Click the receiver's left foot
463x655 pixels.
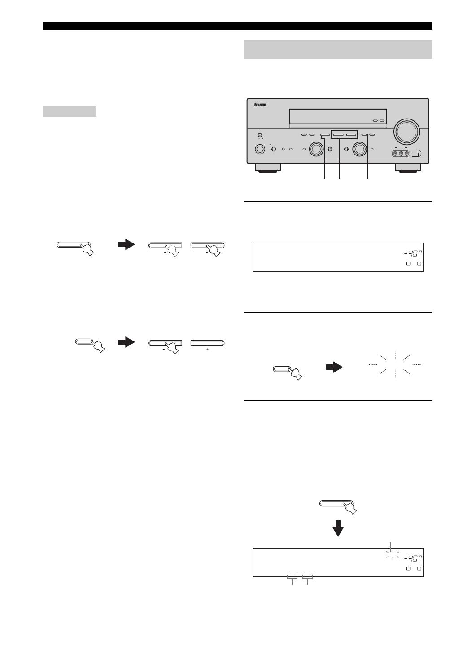coord(267,168)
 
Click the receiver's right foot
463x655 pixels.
coord(408,168)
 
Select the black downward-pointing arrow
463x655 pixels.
coord(338,528)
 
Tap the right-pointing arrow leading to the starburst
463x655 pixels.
coord(334,367)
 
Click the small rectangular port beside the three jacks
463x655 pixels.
coord(415,155)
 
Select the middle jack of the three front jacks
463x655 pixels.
coord(401,154)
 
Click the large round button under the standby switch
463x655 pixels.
coord(260,149)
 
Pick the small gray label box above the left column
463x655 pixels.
coord(70,111)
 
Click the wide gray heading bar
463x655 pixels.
coord(338,49)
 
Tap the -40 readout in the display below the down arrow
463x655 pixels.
coord(413,558)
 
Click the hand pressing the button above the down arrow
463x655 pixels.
coord(350,508)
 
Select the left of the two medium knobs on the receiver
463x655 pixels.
coord(317,149)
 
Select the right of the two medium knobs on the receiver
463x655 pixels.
coord(359,149)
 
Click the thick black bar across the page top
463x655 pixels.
coord(238,26)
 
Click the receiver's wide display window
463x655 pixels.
coord(337,117)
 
